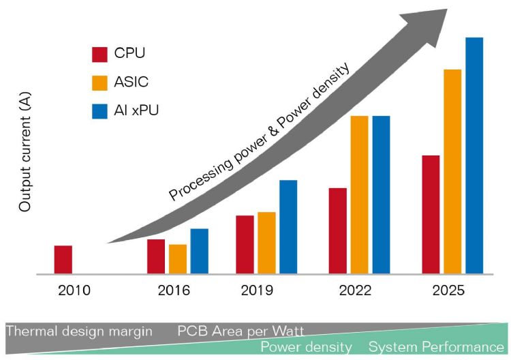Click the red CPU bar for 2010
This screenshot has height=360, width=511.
pos(63,260)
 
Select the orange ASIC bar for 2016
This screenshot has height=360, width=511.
pos(178,259)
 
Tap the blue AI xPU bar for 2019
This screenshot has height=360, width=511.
pos(288,227)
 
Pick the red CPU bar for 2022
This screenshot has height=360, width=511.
pos(338,231)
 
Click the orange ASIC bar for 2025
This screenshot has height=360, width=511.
pos(452,172)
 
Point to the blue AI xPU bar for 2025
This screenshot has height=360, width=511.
pos(474,156)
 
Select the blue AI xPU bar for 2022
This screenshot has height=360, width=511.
pos(381,195)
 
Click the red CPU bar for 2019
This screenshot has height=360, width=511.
pos(245,245)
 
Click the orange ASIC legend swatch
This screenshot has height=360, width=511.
pos(100,82)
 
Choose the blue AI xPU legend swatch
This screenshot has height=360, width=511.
pos(100,110)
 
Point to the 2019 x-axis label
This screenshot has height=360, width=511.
pos(257,290)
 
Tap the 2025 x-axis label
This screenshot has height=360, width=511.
pos(448,290)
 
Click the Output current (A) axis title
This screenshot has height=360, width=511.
pos(25,153)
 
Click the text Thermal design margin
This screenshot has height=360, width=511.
pos(79,331)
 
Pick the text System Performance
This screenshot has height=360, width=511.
pos(437,347)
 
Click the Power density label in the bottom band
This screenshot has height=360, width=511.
pos(307,347)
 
